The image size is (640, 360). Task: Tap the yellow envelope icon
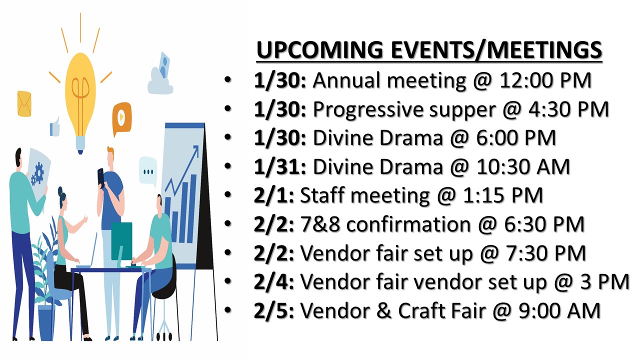[x=24, y=103]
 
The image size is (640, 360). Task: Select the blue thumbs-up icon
[x=55, y=127]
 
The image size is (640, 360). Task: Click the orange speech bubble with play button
[x=121, y=117]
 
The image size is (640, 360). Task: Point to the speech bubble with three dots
[x=148, y=171]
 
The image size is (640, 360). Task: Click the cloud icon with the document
[x=160, y=75]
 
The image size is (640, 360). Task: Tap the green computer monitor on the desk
[x=121, y=241]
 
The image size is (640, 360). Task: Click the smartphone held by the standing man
[x=101, y=177]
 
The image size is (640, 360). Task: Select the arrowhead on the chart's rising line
[x=195, y=149]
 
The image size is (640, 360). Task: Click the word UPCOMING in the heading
[x=319, y=49]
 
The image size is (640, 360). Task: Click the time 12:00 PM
[x=545, y=80]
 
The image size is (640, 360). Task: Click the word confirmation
[x=408, y=224]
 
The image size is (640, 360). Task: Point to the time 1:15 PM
[x=502, y=195]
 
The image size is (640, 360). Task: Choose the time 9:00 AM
[x=559, y=311]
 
